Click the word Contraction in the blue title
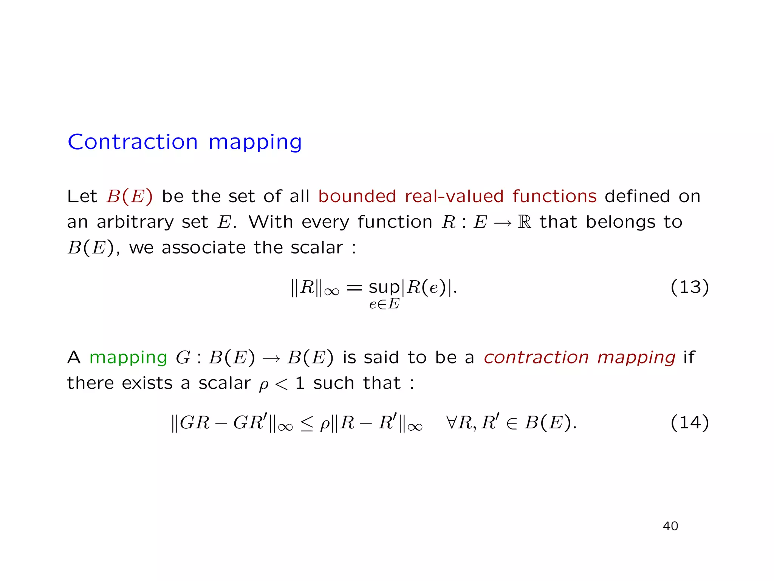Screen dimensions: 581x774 coord(133,142)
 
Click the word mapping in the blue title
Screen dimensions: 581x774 coord(255,143)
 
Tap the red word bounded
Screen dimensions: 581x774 coord(357,196)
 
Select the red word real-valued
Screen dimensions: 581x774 coord(454,196)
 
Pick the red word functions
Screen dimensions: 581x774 coord(554,196)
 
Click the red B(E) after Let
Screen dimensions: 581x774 coord(130,196)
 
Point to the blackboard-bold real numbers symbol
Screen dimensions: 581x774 coord(524,222)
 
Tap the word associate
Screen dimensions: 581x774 coord(204,248)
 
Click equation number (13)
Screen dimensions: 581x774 coord(689,287)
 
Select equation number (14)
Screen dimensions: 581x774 coord(689,422)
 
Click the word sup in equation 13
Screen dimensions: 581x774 coord(384,288)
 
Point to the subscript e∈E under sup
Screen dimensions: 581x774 coord(384,304)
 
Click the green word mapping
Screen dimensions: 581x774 coord(128,358)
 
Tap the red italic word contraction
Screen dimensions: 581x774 coord(536,357)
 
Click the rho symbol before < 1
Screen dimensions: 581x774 coord(263,385)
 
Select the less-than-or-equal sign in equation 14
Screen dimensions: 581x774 coord(307,423)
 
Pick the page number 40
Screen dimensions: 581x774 coord(670,526)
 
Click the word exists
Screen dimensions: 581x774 coord(147,383)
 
